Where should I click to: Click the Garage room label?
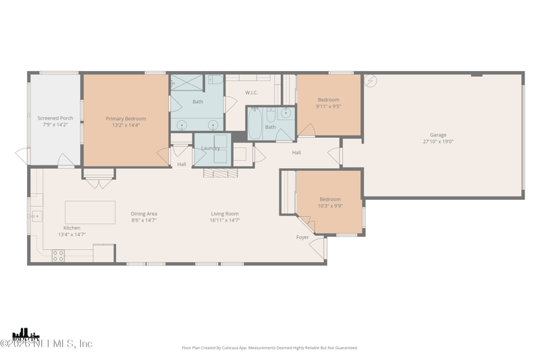point(438,134)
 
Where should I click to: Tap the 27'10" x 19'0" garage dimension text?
point(438,142)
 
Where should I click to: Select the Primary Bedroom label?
point(126,119)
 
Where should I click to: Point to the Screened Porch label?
point(55,118)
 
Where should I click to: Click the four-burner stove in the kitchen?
point(59,255)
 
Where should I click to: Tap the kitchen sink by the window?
point(35,216)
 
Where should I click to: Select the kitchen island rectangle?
point(90,212)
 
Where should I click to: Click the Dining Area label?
point(144,213)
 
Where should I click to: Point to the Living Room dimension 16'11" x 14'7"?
point(225,220)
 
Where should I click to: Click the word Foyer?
point(302,237)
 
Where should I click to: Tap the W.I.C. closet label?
point(251,93)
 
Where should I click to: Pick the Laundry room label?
point(211,148)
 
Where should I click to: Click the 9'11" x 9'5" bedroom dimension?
point(329,107)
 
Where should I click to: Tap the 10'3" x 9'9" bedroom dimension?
point(330,206)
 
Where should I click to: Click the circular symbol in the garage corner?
point(371,81)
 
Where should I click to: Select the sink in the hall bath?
point(286,113)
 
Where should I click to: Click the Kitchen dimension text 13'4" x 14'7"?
point(72,234)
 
